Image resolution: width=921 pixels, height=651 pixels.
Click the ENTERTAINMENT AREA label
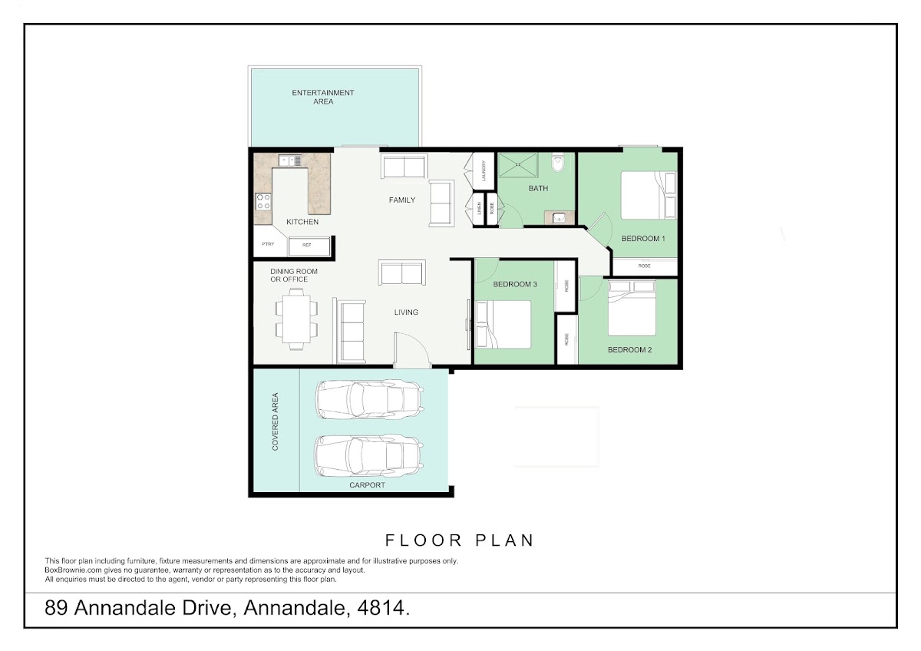[x=323, y=97]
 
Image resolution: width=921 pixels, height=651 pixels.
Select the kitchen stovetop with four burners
[x=263, y=201]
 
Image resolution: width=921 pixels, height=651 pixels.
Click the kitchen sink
[x=290, y=160]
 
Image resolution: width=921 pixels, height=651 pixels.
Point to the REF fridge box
[x=309, y=246]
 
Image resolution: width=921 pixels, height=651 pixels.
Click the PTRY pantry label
[x=268, y=244]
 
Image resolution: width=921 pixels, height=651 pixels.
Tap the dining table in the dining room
[x=296, y=319]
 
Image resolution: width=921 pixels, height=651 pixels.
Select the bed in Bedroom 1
[x=649, y=195]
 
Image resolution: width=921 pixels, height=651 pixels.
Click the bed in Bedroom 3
[x=503, y=325]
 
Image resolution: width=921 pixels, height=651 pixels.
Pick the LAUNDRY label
[x=484, y=170]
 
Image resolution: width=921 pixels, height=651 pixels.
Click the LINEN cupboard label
[x=479, y=208]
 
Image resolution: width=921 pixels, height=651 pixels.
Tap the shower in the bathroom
[x=518, y=165]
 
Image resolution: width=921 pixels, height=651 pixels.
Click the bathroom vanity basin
[x=559, y=217]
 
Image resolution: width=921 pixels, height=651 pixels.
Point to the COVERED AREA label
[x=275, y=421]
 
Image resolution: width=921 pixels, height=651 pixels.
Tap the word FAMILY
[x=402, y=200]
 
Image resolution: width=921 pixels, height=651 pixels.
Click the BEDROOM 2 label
[x=629, y=350]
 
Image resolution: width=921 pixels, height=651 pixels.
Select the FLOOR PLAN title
[x=459, y=540]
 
